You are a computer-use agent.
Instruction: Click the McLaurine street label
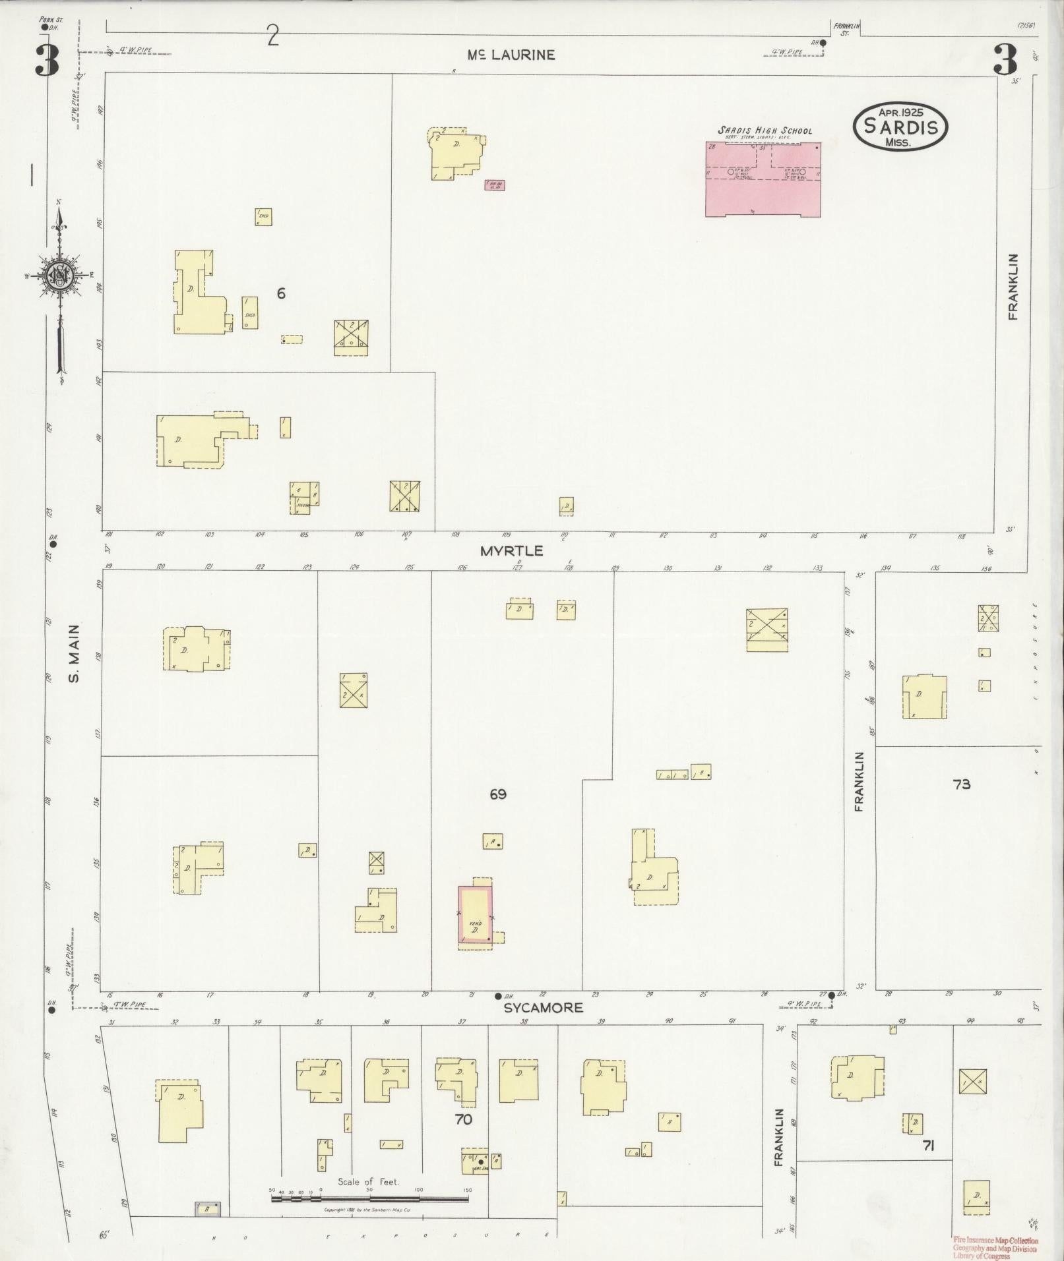click(511, 55)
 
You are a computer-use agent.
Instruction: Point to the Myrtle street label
click(511, 550)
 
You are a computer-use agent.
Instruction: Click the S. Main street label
click(75, 653)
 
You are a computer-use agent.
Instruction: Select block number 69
click(498, 794)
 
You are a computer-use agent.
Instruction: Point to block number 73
click(961, 784)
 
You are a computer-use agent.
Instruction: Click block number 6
click(281, 293)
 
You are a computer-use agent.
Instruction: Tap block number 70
click(463, 1119)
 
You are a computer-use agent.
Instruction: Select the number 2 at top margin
click(273, 36)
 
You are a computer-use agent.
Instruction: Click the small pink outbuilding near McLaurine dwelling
click(494, 185)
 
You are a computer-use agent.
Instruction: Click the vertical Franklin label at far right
click(1013, 287)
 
